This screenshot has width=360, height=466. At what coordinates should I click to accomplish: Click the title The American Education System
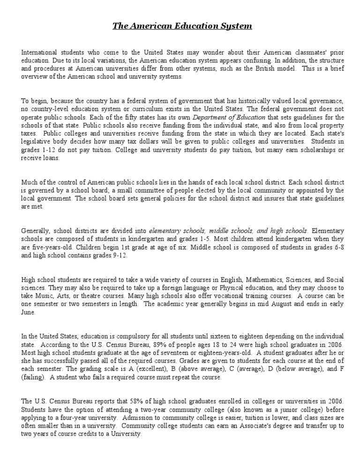pos(182,26)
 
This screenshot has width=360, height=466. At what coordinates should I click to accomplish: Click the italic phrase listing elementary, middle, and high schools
pos(228,231)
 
